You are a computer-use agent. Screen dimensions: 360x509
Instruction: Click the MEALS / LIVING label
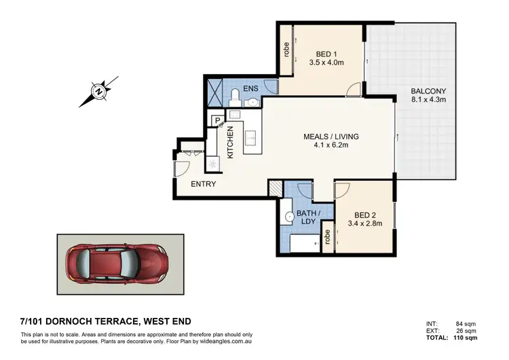(x=331, y=137)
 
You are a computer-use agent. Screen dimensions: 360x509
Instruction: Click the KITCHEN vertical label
(x=230, y=143)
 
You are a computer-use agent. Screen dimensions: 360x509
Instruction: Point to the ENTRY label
(x=203, y=184)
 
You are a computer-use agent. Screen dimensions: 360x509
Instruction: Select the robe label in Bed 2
(x=327, y=237)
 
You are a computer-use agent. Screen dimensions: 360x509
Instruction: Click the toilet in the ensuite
(x=234, y=94)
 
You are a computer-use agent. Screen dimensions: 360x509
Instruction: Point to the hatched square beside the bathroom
(x=274, y=189)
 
